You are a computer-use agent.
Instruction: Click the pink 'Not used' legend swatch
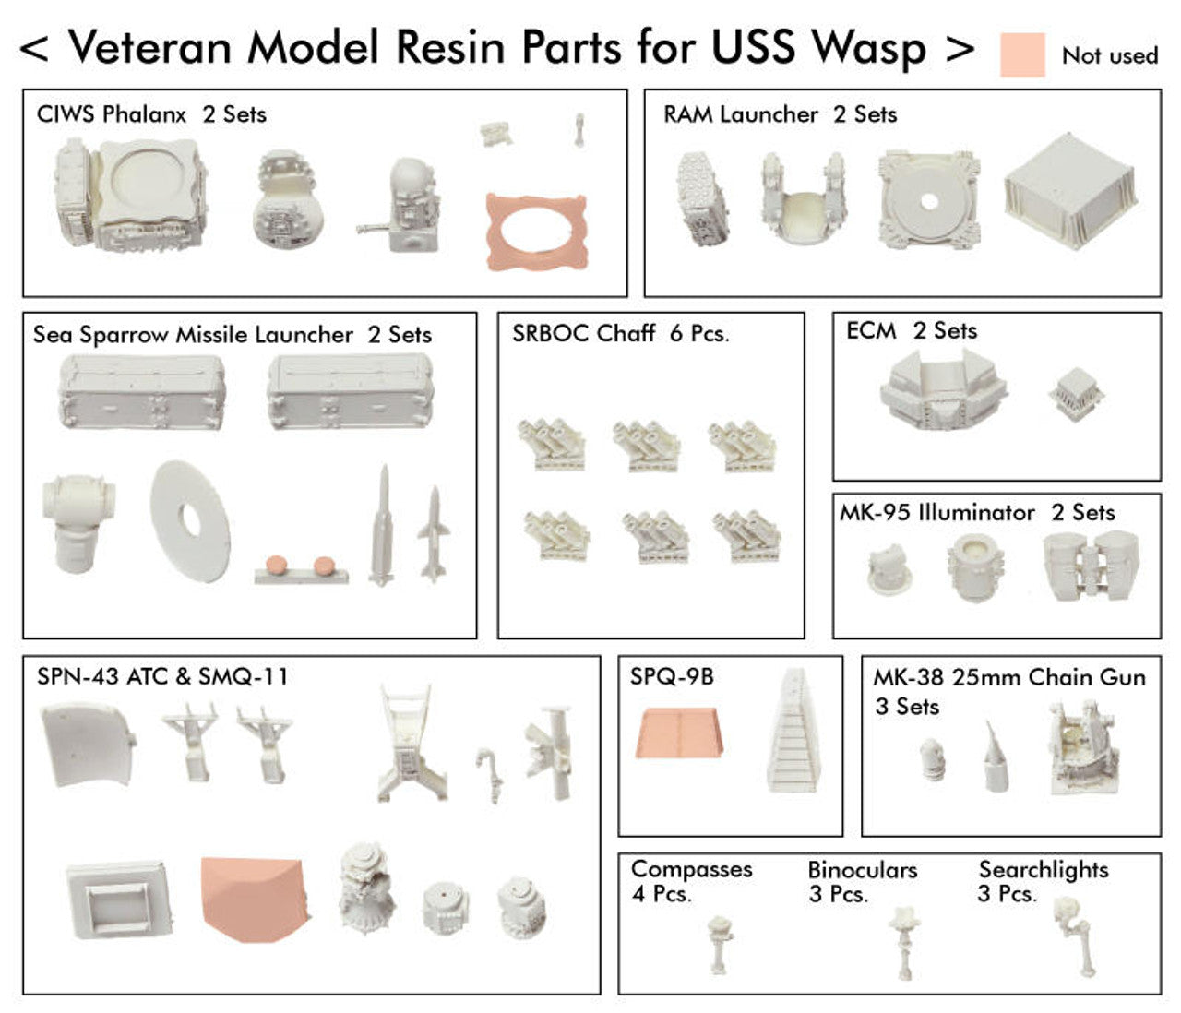(x=1022, y=55)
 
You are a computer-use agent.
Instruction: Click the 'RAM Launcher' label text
(x=740, y=114)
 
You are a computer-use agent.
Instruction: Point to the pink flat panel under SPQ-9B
(x=678, y=733)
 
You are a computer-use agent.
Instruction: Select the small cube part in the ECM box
(x=1076, y=394)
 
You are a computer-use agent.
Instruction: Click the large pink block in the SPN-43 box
(x=255, y=898)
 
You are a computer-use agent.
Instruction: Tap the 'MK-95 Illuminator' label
(x=936, y=513)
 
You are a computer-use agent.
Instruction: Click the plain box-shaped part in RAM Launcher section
(x=1070, y=192)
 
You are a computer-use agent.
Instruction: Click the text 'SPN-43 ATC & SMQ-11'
(x=162, y=676)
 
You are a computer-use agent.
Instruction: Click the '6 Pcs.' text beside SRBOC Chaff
(x=699, y=333)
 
